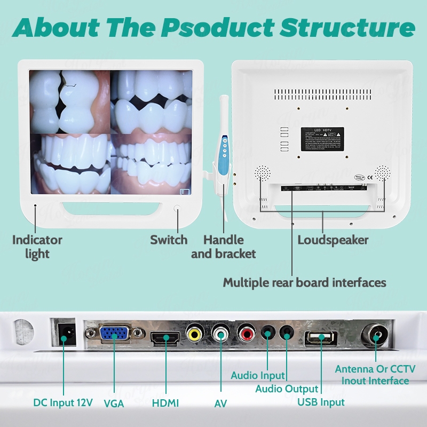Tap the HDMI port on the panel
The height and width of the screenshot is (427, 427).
click(x=165, y=338)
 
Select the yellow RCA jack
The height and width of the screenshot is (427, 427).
click(x=195, y=335)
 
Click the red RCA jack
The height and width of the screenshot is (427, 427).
click(x=247, y=335)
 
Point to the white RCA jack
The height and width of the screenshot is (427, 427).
click(x=220, y=335)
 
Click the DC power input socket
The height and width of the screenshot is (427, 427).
click(x=67, y=333)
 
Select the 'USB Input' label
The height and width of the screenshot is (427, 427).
click(x=321, y=402)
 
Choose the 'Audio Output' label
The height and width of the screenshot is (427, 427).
click(x=286, y=389)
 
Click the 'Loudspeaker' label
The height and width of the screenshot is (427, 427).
click(x=333, y=240)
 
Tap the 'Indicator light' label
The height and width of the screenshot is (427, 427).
click(x=37, y=247)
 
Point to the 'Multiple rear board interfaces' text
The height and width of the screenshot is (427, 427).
click(x=304, y=282)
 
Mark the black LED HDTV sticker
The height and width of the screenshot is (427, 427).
click(x=322, y=139)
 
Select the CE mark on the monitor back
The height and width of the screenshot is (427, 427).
click(x=370, y=177)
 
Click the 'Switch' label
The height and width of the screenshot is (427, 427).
click(x=169, y=240)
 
